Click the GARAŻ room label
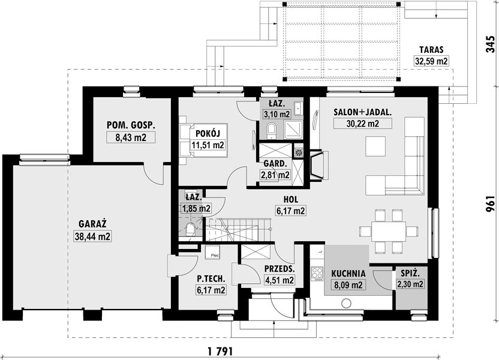[92, 224]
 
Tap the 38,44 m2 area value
[92, 236]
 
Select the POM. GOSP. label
[131, 125]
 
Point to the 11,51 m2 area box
[208, 145]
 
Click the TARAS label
[431, 50]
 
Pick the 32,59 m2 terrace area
[431, 61]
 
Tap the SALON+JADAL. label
[362, 112]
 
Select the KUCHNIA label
[348, 274]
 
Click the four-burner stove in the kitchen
[317, 274]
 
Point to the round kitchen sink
[346, 304]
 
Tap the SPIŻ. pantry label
[410, 273]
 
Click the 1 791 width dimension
[220, 352]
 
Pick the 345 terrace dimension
[491, 44]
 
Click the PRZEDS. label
[279, 269]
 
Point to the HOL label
[291, 200]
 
